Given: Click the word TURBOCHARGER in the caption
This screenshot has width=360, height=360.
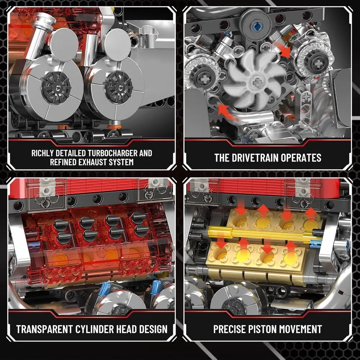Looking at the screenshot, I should (108, 153).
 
